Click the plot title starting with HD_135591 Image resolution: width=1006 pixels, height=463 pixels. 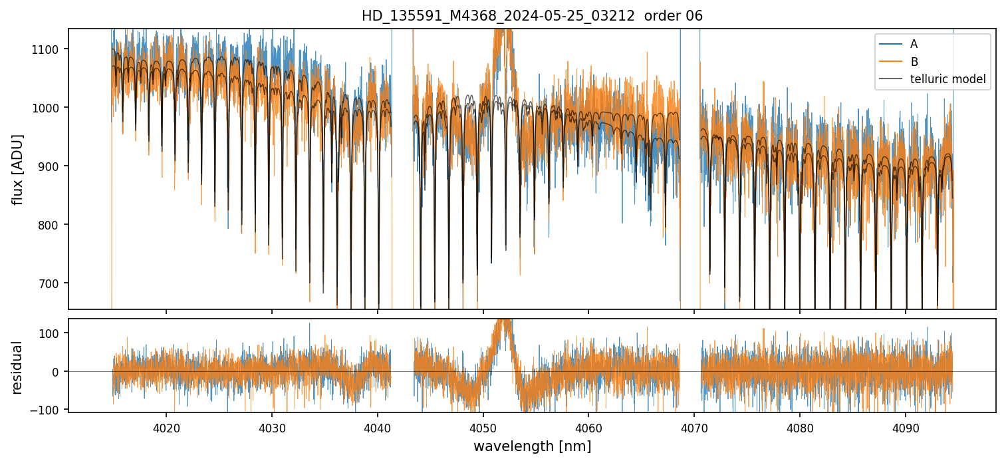(x=532, y=16)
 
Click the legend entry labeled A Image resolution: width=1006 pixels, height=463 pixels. (x=914, y=44)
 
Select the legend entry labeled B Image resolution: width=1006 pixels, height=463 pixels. (x=914, y=62)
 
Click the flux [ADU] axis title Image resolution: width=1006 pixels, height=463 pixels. (x=18, y=169)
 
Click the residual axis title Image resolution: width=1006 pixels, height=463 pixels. (x=18, y=367)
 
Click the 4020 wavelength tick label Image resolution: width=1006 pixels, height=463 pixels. (x=166, y=428)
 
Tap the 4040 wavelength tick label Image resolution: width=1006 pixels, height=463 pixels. (x=377, y=428)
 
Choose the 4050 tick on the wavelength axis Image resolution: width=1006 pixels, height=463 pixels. (x=483, y=428)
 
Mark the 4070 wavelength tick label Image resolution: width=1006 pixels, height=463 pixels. (x=694, y=428)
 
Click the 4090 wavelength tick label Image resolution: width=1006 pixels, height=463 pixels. (x=906, y=428)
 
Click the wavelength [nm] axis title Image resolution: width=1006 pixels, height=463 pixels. (x=532, y=446)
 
